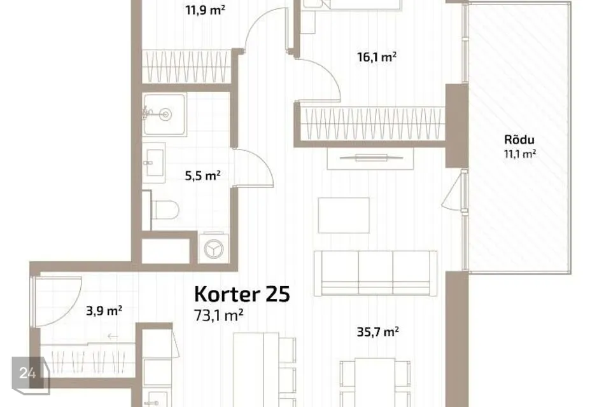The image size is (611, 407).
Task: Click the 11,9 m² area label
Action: pos(205,10)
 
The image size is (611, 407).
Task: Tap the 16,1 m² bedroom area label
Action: pos(377,57)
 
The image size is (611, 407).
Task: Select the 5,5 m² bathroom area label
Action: pos(202,176)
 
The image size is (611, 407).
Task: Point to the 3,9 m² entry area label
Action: pos(104,311)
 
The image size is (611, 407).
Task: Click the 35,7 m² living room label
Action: pos(377,332)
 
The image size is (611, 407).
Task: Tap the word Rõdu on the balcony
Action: pos(519,139)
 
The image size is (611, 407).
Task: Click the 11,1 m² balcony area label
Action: pos(520,154)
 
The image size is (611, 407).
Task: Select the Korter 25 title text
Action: pos(242,294)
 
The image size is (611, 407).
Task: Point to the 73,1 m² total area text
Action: pos(219,315)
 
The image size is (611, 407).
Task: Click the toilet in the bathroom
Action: pos(164,210)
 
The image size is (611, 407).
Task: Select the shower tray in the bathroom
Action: pos(164,114)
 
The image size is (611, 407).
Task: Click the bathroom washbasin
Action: pos(153,162)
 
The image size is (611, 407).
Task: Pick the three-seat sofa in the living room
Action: pos(376,273)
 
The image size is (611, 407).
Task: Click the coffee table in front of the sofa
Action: pos(344,216)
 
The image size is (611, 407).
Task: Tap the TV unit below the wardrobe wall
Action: pos(370,158)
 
